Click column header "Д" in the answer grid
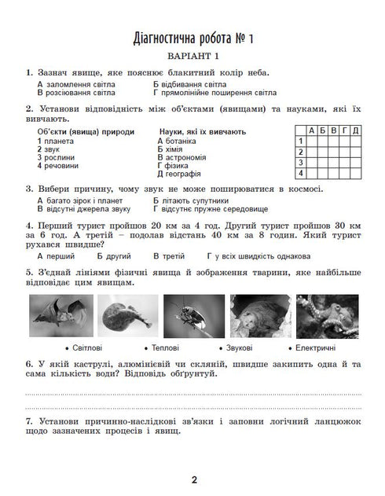(x=356, y=130)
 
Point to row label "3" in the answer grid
(x=300, y=162)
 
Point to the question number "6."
(x=29, y=365)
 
